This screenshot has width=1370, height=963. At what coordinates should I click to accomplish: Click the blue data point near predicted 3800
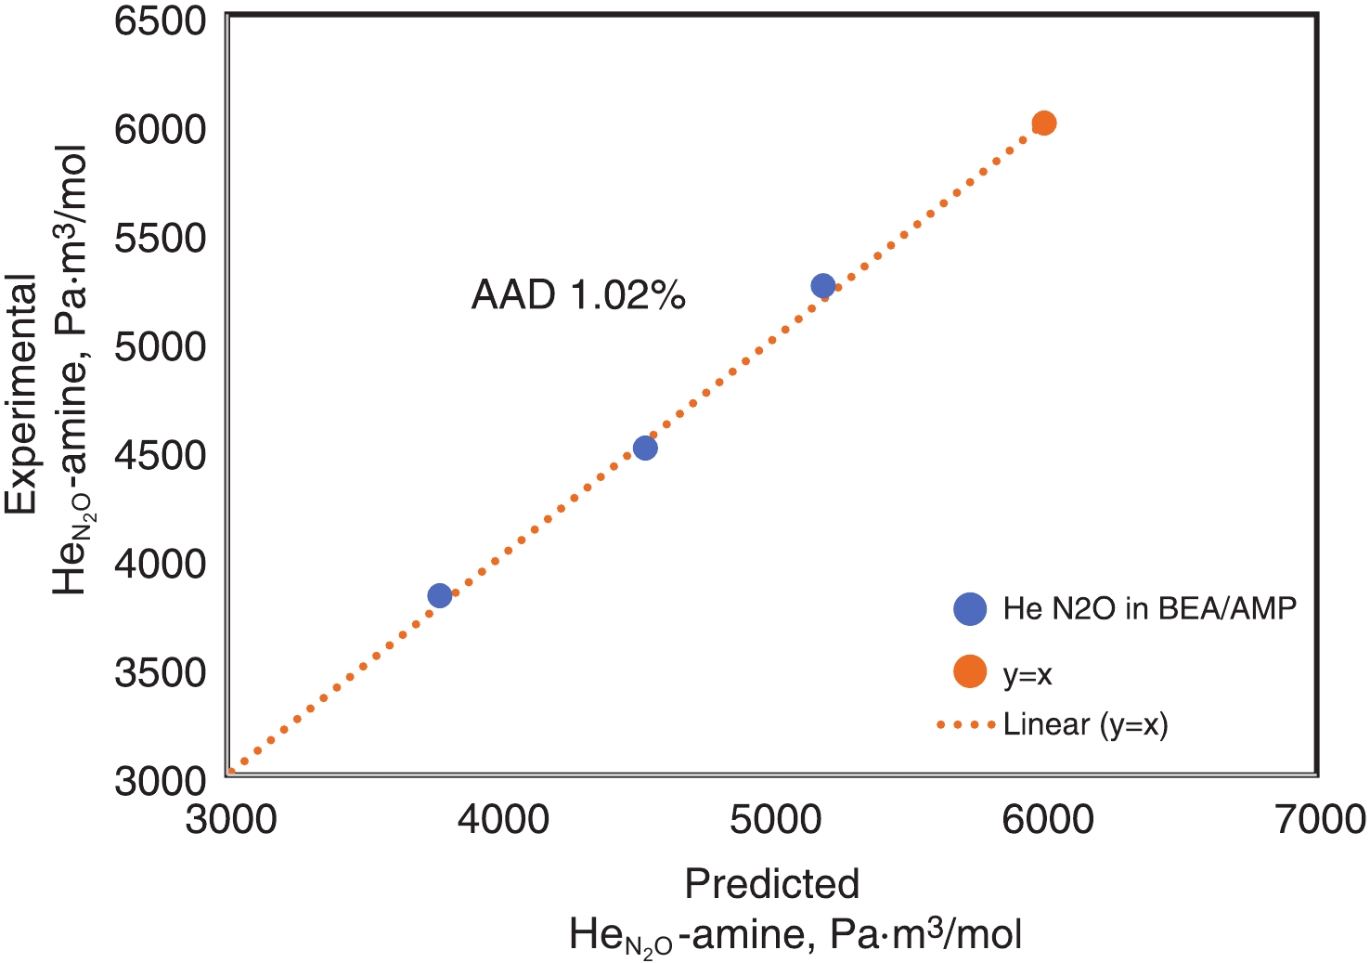click(440, 595)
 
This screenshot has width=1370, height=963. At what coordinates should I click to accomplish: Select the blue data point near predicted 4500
click(645, 448)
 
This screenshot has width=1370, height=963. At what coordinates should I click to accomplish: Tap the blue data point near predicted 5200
click(823, 286)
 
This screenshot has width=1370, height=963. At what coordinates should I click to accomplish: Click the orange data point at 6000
click(1044, 123)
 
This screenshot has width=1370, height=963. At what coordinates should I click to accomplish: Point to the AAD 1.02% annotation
click(578, 295)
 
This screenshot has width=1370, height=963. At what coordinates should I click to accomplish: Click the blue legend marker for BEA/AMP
click(970, 609)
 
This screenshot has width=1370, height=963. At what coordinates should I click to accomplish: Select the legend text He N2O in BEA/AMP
click(1149, 609)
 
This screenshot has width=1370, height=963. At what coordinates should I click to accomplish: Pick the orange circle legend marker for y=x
click(970, 671)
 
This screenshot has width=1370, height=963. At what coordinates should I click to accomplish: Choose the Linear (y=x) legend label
click(1085, 724)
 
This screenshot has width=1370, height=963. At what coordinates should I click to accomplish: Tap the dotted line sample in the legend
click(966, 724)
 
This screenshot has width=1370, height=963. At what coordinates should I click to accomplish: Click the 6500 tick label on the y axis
click(160, 20)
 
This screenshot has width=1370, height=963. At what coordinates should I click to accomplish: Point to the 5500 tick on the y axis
click(160, 238)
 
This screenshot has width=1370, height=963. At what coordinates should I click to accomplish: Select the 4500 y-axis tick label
click(160, 455)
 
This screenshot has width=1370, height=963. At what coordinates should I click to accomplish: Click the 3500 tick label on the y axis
click(160, 672)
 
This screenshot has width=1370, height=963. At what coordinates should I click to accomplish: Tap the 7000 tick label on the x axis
click(1319, 819)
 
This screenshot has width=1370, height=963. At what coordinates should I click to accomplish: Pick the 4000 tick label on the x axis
click(502, 819)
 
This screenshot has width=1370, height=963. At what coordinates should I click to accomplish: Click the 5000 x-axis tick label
click(775, 819)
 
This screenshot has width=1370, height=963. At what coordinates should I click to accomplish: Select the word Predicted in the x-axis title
click(771, 884)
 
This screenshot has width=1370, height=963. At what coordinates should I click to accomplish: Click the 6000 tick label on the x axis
click(1047, 819)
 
